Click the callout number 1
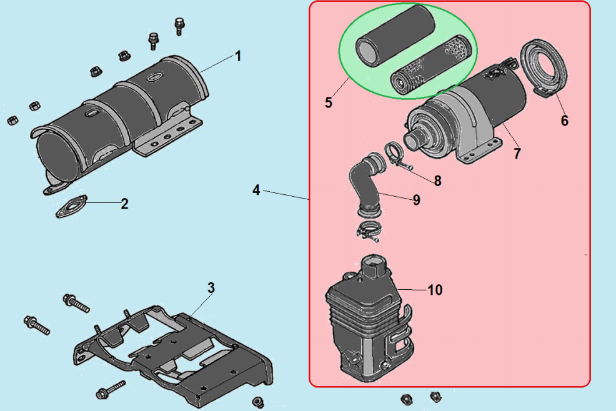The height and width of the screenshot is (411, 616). [x=238, y=56]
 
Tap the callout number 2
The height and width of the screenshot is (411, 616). [x=124, y=204]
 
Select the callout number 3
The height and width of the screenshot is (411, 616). [x=211, y=288]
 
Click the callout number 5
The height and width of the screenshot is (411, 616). [x=329, y=102]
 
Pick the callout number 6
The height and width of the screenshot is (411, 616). [x=564, y=121]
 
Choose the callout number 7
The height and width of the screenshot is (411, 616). [x=517, y=154]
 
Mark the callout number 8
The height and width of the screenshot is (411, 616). [x=437, y=181]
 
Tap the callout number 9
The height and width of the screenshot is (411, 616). [x=415, y=200]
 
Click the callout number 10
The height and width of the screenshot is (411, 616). [x=435, y=290]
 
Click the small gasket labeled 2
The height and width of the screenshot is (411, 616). [x=71, y=207]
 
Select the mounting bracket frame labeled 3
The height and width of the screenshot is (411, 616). [x=181, y=356]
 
